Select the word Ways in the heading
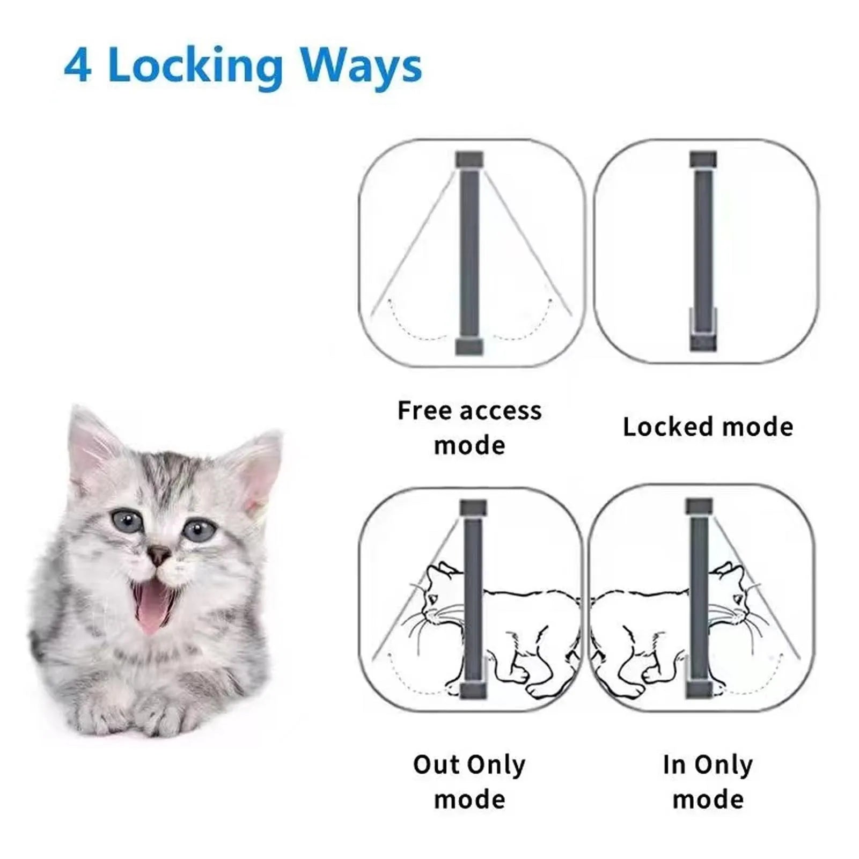pyautogui.click(x=361, y=67)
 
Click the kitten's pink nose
pyautogui.click(x=159, y=555)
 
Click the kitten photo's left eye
pyautogui.click(x=125, y=519)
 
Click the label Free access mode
pyautogui.click(x=469, y=428)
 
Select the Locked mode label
pyautogui.click(x=708, y=427)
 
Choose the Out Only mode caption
pyautogui.click(x=469, y=782)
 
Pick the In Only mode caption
pyautogui.click(x=708, y=782)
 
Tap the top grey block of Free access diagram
pyautogui.click(x=469, y=159)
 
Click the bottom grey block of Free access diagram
pyautogui.click(x=469, y=347)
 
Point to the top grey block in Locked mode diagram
pyautogui.click(x=703, y=159)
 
